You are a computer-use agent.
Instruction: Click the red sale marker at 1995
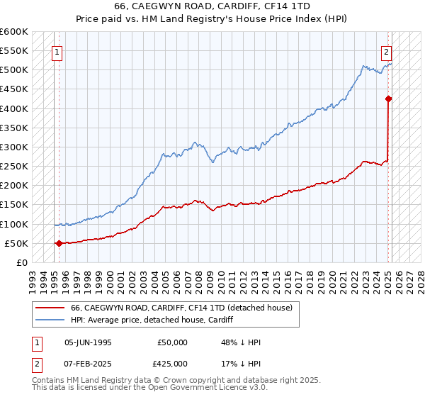pyautogui.click(x=59, y=243)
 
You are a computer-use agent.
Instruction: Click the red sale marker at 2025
pyautogui.click(x=388, y=99)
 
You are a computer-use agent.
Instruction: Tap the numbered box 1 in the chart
pyautogui.click(x=56, y=51)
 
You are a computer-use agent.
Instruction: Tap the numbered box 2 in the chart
pyautogui.click(x=386, y=51)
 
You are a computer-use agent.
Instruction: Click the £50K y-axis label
pyautogui.click(x=16, y=243)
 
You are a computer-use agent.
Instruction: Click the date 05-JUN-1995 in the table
pyautogui.click(x=88, y=342)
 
